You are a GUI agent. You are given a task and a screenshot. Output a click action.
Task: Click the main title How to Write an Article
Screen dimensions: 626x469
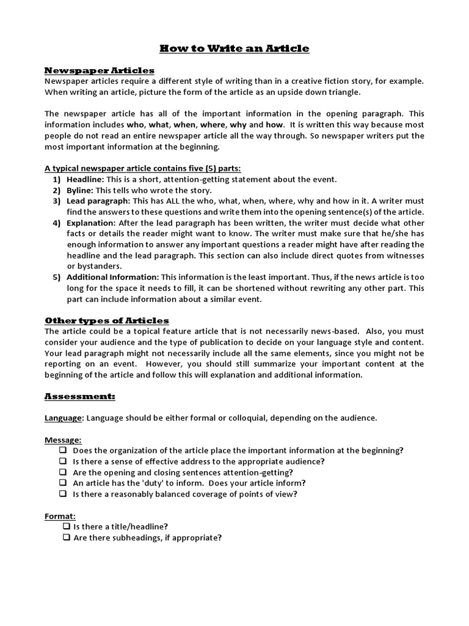point(234,48)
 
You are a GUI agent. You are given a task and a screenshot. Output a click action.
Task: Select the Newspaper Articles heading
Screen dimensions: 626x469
point(100,70)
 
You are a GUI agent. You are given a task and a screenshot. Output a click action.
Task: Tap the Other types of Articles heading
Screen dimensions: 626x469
point(107,320)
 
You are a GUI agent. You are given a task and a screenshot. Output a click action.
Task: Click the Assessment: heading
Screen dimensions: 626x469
point(80,396)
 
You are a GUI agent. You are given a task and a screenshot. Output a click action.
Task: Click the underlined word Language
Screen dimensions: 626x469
point(64,418)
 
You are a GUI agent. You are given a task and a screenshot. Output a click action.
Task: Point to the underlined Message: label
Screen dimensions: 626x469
point(63,440)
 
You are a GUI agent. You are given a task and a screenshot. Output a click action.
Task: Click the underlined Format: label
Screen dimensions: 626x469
point(60,516)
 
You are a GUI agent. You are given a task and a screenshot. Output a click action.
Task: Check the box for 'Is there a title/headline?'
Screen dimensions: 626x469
point(66,527)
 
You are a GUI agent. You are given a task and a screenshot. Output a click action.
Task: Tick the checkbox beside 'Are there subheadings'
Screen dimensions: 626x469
point(66,538)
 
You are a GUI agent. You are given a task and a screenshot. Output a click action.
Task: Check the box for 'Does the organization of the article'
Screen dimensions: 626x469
point(63,451)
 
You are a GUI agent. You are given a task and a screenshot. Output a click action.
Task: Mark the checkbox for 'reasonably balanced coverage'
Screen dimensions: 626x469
point(63,494)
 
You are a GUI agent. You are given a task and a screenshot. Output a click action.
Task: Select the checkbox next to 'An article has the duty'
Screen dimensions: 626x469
point(63,483)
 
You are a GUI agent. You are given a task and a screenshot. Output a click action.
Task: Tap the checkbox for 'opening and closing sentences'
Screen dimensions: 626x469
point(63,473)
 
